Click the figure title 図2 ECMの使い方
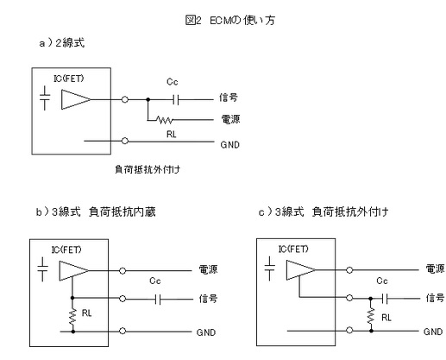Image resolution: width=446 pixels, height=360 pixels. pos(230,21)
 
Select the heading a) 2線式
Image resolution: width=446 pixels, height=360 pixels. pos(62,43)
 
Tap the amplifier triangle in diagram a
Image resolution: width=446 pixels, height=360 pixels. pos(76,99)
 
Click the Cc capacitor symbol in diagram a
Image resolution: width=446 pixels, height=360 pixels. pos(176,100)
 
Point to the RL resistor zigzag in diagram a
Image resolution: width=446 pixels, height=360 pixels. pos(165,120)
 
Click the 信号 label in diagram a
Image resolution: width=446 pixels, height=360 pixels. pos(229,98)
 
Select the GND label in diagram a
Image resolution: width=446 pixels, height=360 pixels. pos(229,144)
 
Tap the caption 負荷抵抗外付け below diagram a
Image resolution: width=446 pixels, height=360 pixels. pos(148,169)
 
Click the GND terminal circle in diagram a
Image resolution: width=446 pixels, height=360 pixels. pos(125,141)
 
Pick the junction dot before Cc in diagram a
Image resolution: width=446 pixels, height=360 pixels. pos(148,99)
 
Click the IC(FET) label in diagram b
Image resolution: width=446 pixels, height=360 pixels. pos(66,249)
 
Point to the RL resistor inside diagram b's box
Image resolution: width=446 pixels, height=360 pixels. pos(72,316)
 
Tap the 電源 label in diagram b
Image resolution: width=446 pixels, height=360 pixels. pos(208,269)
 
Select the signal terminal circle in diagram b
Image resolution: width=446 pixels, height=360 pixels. pos(122,299)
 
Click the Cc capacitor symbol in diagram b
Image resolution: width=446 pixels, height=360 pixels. pos(158,300)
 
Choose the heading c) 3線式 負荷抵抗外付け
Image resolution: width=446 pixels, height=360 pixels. pos(324,212)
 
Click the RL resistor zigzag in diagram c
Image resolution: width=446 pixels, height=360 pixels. pos(371,316)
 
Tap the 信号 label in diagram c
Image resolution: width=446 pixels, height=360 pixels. pos(435,298)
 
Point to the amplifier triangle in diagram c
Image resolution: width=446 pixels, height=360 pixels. pos(301,270)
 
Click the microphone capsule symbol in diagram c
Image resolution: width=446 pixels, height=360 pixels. pos(269,268)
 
